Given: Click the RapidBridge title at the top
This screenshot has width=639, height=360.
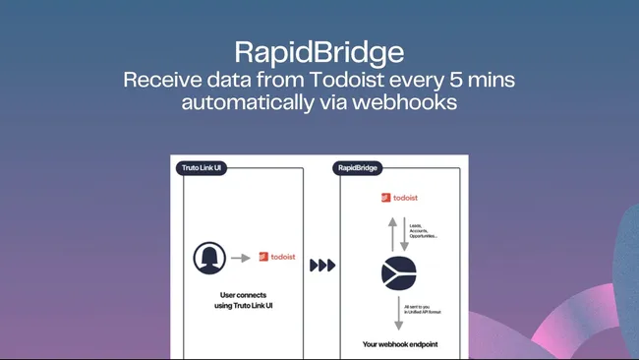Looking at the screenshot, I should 319,51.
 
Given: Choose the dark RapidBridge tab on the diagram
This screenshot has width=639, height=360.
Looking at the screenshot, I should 359,167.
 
